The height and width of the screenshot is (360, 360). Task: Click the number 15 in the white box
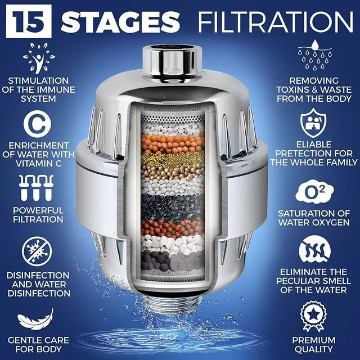click(29, 21)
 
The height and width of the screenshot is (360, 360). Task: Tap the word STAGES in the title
click(120, 21)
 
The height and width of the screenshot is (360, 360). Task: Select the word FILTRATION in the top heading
click(275, 21)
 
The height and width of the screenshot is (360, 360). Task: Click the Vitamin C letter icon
click(38, 124)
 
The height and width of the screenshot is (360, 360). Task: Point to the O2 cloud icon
click(314, 192)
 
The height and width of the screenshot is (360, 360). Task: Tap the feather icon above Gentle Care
click(36, 319)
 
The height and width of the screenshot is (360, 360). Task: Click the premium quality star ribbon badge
click(313, 316)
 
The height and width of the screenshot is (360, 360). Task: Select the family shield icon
click(313, 123)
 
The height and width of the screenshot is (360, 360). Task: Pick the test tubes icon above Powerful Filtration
click(36, 188)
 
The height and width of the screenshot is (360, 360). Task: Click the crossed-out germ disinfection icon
click(37, 251)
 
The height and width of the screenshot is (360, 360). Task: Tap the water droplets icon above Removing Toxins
click(315, 55)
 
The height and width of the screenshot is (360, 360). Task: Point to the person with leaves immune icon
click(39, 58)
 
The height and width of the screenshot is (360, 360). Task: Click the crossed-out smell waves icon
click(314, 250)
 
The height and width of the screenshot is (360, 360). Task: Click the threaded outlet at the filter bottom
click(172, 303)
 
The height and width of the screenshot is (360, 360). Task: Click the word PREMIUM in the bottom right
click(314, 340)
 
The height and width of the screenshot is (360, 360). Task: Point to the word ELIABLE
click(314, 145)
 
